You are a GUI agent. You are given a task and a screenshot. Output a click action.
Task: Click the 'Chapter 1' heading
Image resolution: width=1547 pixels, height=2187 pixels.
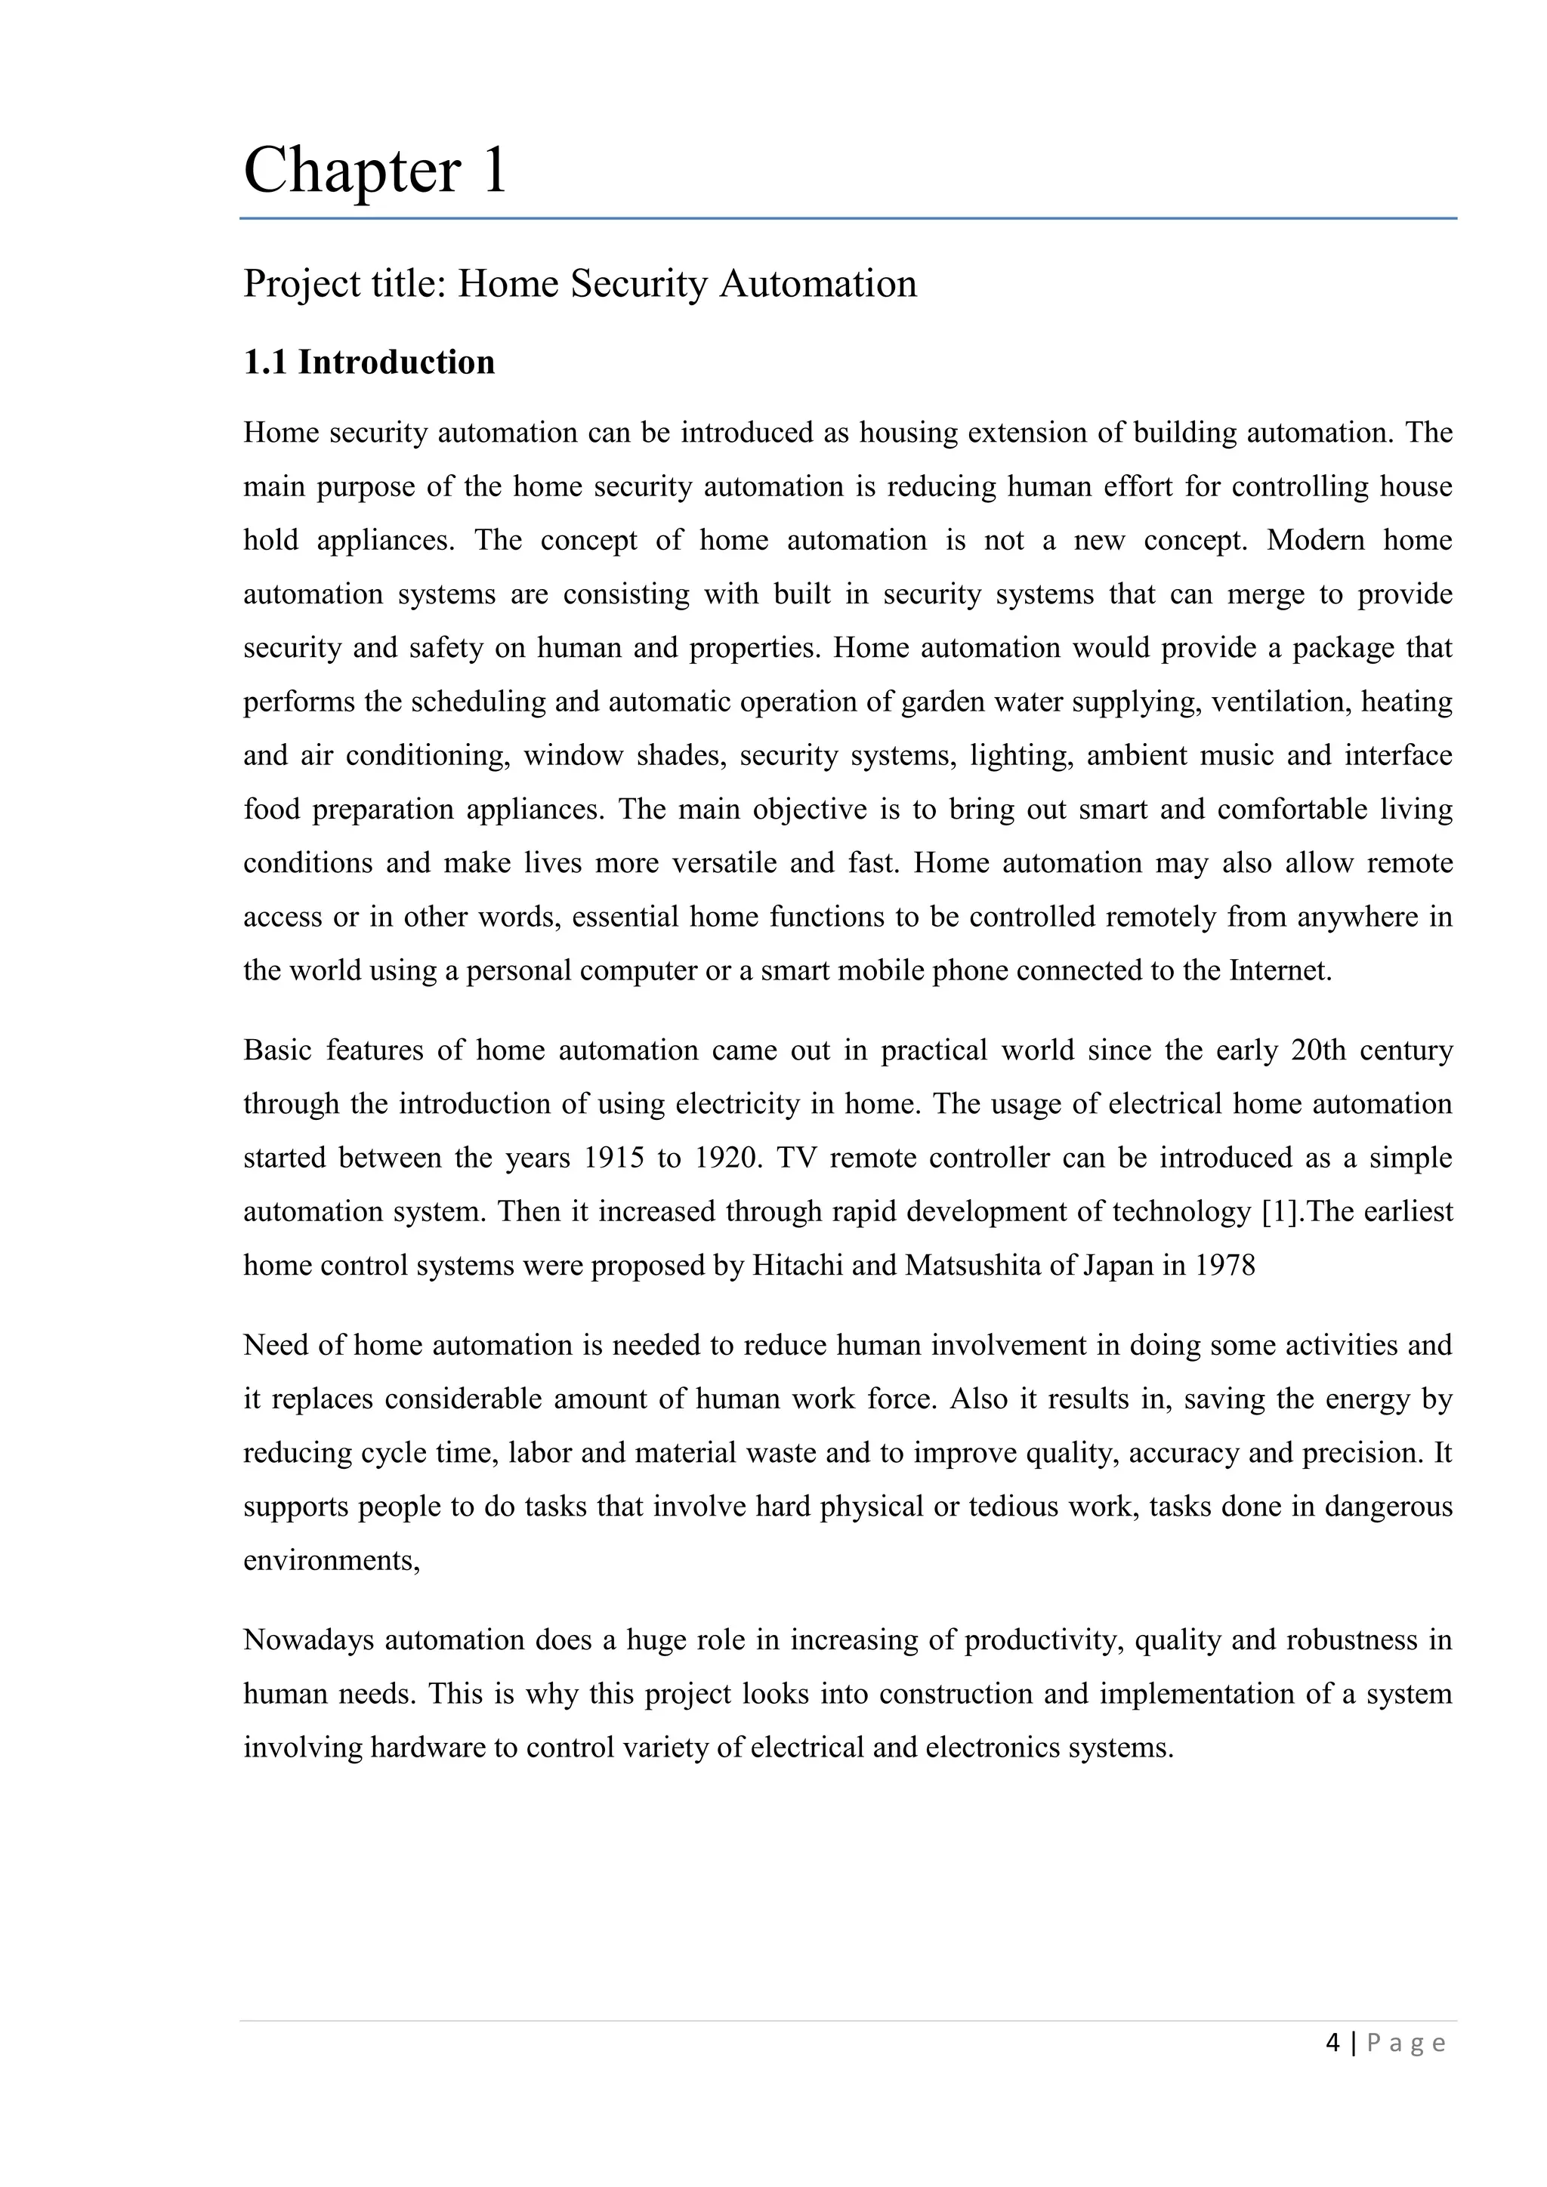375,171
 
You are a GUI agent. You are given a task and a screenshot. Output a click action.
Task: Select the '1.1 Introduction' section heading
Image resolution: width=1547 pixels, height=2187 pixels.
369,363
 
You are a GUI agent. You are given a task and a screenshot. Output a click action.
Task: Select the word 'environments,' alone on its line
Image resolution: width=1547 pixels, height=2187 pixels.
332,1561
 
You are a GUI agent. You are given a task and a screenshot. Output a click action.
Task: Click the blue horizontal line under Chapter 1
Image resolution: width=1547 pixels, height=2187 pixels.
848,219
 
